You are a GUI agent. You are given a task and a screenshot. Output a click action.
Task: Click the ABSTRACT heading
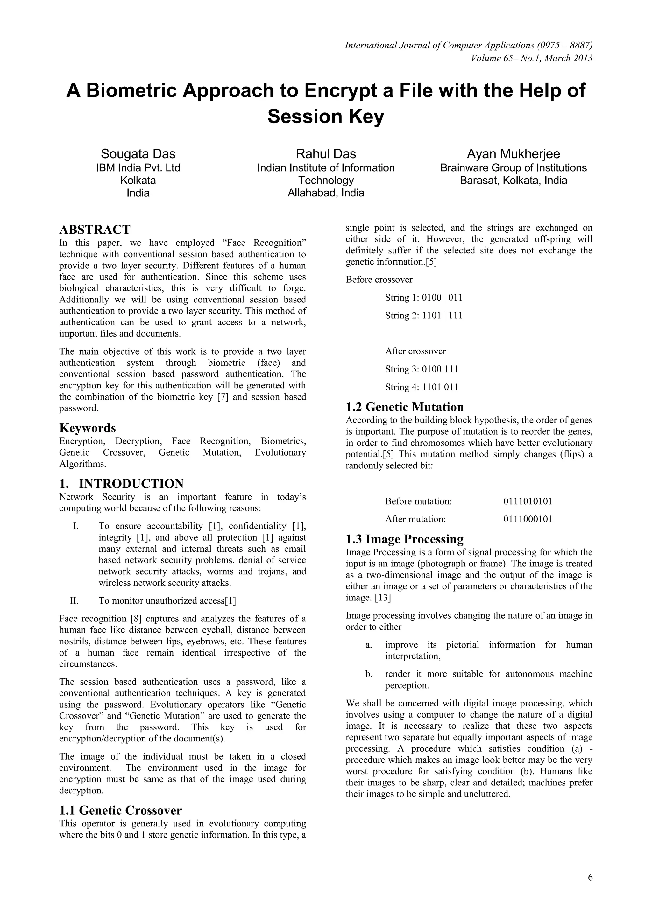pyautogui.click(x=95, y=230)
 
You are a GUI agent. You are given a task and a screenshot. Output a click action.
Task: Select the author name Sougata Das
pyautogui.click(x=138, y=154)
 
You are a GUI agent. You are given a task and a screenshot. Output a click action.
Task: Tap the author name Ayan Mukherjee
pyautogui.click(x=513, y=154)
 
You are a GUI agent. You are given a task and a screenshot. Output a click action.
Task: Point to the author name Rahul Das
pyautogui.click(x=326, y=154)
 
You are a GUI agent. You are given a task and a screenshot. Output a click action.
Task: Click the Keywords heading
pyautogui.click(x=88, y=428)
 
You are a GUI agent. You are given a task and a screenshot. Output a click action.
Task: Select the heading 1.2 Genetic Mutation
pyautogui.click(x=404, y=407)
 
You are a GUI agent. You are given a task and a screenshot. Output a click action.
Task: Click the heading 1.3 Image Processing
pyautogui.click(x=404, y=539)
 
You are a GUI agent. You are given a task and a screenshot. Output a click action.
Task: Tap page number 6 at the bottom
pyautogui.click(x=590, y=877)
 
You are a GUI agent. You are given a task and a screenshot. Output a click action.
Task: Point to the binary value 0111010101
pyautogui.click(x=528, y=501)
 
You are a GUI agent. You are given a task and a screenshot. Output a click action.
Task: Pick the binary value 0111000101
pyautogui.click(x=528, y=519)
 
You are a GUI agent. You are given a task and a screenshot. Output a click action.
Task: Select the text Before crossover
pyautogui.click(x=379, y=280)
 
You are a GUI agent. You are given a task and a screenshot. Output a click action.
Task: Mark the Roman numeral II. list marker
pyautogui.click(x=74, y=601)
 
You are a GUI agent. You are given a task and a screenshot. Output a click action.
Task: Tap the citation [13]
pyautogui.click(x=383, y=598)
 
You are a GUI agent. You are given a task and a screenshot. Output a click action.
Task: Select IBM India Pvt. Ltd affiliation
pyautogui.click(x=138, y=168)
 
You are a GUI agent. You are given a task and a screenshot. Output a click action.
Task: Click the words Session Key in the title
pyautogui.click(x=326, y=117)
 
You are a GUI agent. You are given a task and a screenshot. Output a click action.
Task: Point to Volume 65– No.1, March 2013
pyautogui.click(x=532, y=58)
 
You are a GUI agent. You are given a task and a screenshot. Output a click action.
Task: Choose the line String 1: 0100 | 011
pyautogui.click(x=423, y=298)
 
